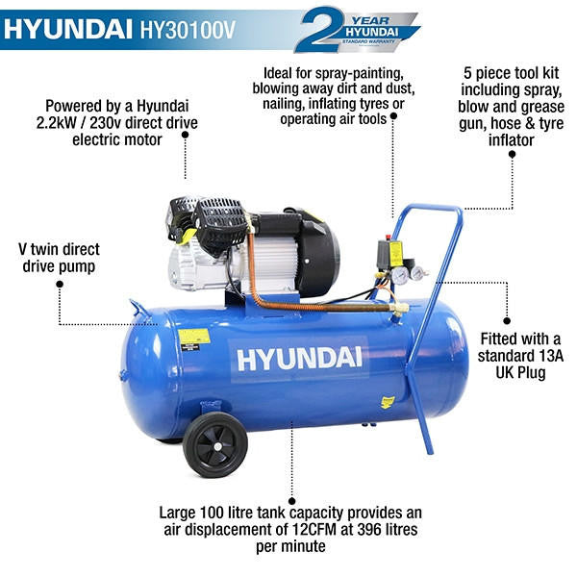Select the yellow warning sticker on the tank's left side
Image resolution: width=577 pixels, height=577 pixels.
pos(193,338)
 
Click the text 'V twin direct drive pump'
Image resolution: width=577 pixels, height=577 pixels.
pos(59,257)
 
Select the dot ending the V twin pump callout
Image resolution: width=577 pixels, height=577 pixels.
pos(59,285)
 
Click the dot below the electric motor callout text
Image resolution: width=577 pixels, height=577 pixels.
pos(185,137)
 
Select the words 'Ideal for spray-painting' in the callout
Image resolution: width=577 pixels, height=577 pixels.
pos(340,73)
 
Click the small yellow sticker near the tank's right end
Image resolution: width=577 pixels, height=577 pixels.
pos(387,402)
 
